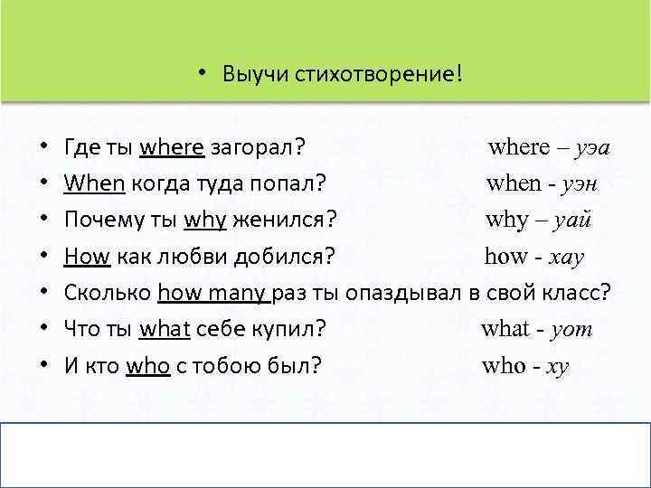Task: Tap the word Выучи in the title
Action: (x=251, y=73)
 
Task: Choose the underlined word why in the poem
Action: (x=204, y=220)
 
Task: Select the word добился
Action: (x=286, y=256)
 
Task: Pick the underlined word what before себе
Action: (x=165, y=329)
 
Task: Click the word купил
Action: (x=292, y=329)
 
